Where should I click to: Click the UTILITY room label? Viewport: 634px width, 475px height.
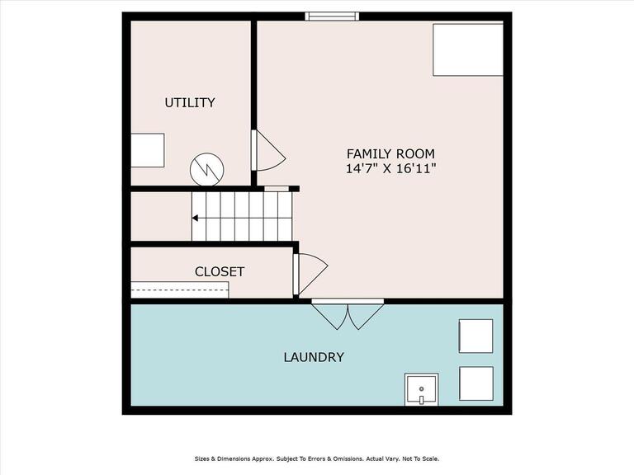189,102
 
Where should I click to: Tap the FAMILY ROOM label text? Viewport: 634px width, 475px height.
390,153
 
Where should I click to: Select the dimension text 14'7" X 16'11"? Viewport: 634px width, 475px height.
390,168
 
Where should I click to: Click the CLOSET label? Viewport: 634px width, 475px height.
220,271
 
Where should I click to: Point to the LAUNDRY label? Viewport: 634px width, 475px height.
313,357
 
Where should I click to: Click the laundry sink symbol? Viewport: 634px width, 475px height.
421,388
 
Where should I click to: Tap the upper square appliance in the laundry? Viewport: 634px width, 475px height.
475,336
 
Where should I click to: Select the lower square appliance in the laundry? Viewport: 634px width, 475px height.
475,383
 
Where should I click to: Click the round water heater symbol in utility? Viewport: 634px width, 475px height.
206,170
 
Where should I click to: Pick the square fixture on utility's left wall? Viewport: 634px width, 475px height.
147,150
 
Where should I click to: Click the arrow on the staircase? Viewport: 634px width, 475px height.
196,219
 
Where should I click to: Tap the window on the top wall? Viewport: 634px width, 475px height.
332,16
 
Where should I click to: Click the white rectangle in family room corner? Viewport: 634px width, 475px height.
467,49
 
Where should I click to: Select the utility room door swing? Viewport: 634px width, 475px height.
269,152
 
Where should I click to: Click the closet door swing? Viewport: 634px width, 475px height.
310,273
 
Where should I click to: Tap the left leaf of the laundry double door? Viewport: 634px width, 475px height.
329,316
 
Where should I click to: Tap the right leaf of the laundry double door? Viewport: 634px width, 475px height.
365,316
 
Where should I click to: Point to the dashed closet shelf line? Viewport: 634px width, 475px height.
180,289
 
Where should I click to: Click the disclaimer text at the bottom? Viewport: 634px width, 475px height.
317,459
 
